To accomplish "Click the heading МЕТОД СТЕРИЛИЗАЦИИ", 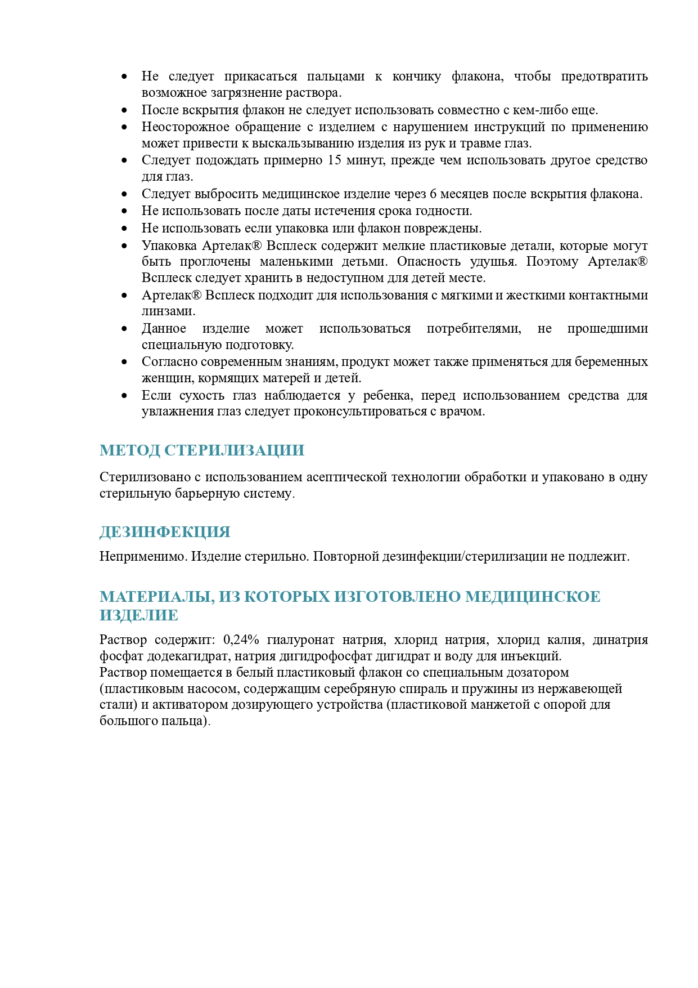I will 202,450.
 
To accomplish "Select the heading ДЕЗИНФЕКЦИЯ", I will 165,532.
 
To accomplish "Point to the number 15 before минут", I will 334,160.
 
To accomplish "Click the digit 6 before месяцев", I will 433,194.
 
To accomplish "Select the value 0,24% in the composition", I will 241,640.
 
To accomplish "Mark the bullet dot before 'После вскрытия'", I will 124,110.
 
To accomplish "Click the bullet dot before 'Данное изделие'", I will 124,329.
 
